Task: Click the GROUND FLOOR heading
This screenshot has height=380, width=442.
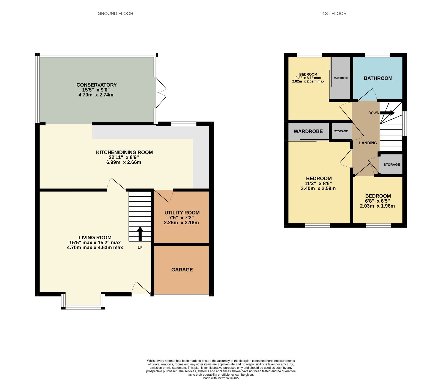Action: (115, 13)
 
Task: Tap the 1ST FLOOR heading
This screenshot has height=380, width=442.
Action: (334, 13)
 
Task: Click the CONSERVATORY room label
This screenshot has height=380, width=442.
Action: (96, 85)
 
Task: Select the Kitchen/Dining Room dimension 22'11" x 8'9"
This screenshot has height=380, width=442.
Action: (124, 157)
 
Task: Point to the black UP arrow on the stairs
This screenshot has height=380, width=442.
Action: (140, 234)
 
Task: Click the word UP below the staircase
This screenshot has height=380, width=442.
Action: (140, 248)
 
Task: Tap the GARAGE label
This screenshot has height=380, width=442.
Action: (182, 270)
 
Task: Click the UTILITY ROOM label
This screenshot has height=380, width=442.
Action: (182, 213)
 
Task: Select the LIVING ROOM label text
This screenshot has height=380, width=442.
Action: (95, 237)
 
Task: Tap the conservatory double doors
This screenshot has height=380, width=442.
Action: (161, 93)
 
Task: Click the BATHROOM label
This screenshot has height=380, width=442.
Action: (378, 78)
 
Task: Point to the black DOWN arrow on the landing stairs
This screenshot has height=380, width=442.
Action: (388, 113)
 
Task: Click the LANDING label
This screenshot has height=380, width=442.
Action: (368, 143)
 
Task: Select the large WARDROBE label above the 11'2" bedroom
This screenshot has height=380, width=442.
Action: (308, 131)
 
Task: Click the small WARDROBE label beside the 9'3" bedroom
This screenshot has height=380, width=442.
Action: (341, 78)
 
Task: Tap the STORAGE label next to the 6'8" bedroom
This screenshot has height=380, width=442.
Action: (392, 164)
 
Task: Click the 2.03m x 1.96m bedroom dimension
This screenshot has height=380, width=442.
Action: (377, 206)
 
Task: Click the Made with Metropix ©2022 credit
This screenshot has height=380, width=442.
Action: (221, 378)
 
